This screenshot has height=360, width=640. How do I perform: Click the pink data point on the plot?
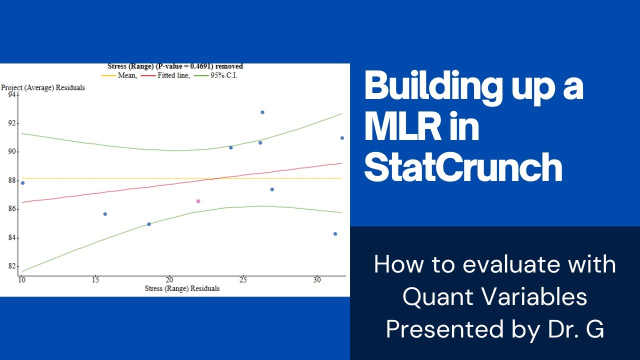pos(198,201)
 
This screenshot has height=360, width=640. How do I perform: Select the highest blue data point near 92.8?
pos(262,112)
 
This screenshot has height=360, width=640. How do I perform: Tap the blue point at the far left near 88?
pos(22,183)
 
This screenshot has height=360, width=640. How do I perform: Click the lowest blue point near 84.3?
pos(335,234)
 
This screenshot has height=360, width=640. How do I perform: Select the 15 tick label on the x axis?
pos(95,280)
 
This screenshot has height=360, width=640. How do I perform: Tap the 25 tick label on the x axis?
pos(242,280)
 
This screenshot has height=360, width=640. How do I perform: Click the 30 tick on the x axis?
pos(316,280)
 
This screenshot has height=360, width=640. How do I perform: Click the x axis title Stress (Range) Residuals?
pos(182,288)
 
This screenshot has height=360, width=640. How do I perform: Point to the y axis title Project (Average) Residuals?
pos(43,87)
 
